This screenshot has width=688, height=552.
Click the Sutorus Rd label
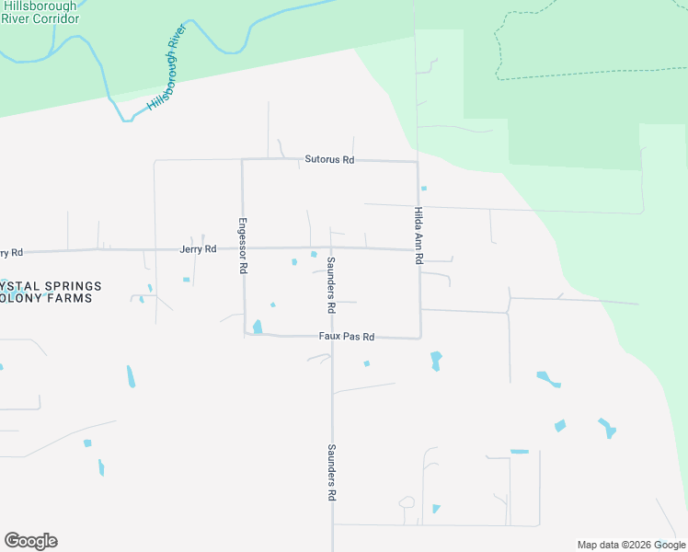coord(329,160)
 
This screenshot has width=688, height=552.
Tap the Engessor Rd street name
coord(243,245)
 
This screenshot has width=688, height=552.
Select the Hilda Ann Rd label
coord(419,236)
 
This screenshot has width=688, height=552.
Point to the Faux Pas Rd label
coord(346,337)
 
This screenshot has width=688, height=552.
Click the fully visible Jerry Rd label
coord(198,249)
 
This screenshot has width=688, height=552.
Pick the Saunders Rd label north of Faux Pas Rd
coord(331,282)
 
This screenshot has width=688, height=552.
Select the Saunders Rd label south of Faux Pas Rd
coord(331,472)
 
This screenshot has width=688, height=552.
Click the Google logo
coord(30,541)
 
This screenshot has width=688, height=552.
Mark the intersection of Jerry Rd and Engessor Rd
coord(243,248)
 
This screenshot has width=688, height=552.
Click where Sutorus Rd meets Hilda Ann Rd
coord(418,162)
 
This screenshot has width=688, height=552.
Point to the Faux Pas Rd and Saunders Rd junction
coord(331,337)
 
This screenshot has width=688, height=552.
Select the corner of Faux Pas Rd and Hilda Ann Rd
coord(420,338)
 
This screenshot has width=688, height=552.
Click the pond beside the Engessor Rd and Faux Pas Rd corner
coord(258,326)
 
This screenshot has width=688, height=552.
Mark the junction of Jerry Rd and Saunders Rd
coord(330,247)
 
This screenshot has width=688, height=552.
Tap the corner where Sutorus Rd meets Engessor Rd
coord(242,160)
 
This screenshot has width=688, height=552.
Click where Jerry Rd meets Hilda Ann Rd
coord(419,249)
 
